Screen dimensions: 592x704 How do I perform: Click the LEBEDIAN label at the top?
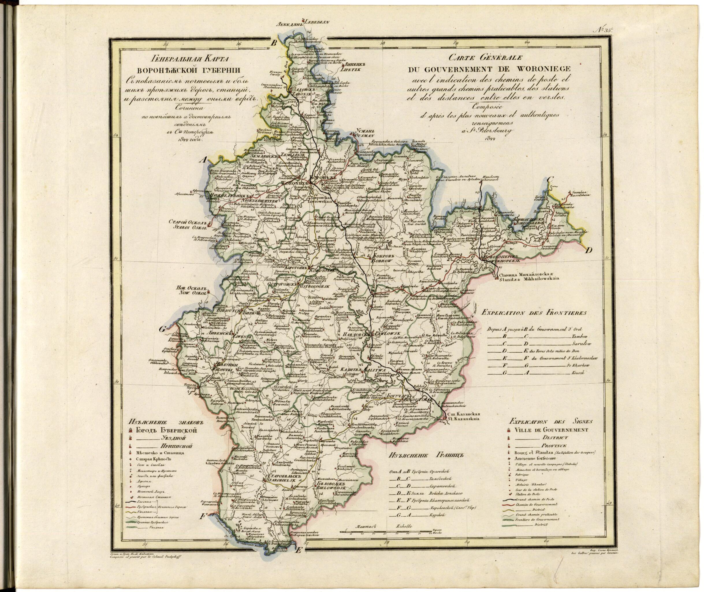coord(317,23)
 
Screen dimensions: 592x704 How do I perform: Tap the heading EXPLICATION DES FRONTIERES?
coord(534,313)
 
